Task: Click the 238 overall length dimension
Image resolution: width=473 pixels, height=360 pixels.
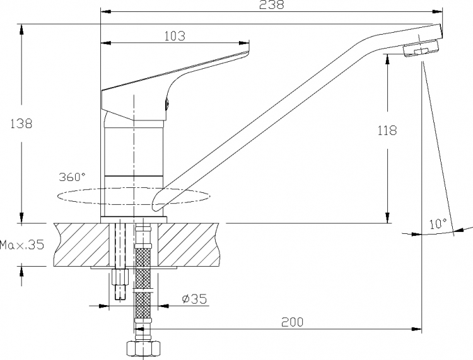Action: coord(272,4)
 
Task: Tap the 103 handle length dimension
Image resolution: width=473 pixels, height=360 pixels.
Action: coord(175,36)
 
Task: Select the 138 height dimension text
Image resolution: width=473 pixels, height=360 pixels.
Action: coord(21,124)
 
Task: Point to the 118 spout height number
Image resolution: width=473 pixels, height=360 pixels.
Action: coord(387,131)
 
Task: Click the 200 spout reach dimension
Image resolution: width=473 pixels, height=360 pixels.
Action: coord(292,322)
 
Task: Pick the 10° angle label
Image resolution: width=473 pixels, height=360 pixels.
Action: coord(438,224)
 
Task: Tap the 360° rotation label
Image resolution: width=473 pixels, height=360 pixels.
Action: coord(72,177)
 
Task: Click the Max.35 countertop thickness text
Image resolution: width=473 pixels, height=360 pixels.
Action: coord(22,245)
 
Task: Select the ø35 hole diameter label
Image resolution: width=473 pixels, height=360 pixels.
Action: coord(195,299)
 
